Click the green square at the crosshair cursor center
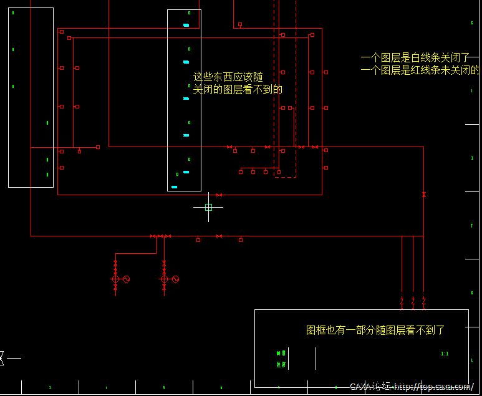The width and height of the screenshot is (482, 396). [x=208, y=207]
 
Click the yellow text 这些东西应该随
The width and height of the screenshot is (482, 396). [x=228, y=77]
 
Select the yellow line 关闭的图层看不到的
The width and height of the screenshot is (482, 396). [x=238, y=90]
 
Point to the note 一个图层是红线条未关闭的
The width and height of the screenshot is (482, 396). [x=420, y=70]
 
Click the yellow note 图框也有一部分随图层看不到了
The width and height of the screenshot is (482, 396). [x=375, y=330]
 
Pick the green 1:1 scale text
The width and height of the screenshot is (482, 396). [x=445, y=354]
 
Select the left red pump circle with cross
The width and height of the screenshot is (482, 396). [x=115, y=279]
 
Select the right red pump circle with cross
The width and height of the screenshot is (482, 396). [x=164, y=279]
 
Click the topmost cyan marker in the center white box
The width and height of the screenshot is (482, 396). [x=186, y=26]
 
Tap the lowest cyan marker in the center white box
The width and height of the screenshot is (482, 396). [x=175, y=186]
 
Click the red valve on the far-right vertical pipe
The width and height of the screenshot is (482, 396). [x=423, y=195]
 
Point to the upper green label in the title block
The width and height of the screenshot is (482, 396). [x=281, y=353]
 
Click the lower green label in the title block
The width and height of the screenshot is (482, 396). [x=281, y=364]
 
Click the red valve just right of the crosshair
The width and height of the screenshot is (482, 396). [x=218, y=195]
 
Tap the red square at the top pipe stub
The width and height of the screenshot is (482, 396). [x=239, y=25]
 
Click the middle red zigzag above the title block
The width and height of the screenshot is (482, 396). [x=413, y=301]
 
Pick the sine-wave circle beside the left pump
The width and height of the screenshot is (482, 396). [x=125, y=279]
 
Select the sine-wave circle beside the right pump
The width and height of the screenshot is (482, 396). [x=175, y=279]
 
